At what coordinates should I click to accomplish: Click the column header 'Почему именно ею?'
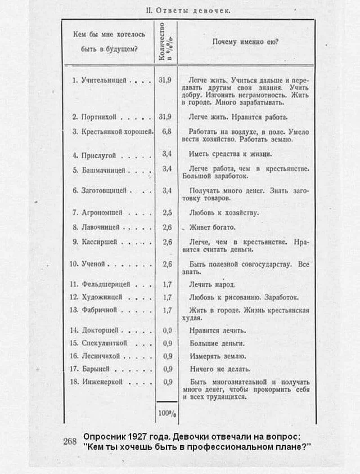pyautogui.click(x=246, y=42)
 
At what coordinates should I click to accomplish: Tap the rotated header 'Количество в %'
pyautogui.click(x=165, y=41)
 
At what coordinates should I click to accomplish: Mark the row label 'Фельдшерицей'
pyautogui.click(x=104, y=284)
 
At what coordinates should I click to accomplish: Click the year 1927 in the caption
pyautogui.click(x=136, y=437)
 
